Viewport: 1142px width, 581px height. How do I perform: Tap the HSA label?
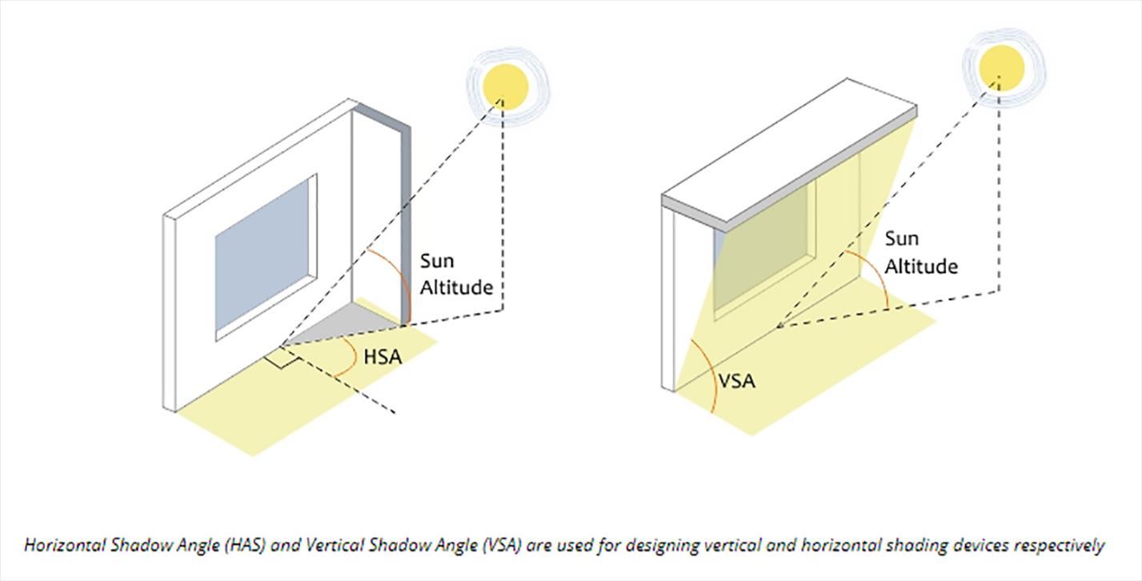(383, 357)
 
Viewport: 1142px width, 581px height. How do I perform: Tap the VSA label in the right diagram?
(736, 381)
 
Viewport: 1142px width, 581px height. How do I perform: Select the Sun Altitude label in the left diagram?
(456, 274)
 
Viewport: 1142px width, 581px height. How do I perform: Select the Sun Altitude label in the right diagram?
(920, 252)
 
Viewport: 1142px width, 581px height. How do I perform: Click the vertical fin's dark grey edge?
(406, 224)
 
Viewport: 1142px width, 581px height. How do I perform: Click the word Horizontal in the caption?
(63, 546)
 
